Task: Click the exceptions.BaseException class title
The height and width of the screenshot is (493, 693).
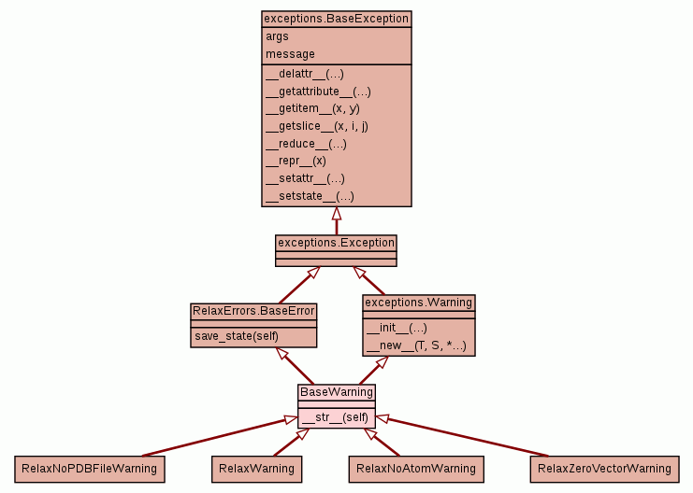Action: pyautogui.click(x=336, y=18)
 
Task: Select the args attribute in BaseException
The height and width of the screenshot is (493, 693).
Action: pyautogui.click(x=278, y=36)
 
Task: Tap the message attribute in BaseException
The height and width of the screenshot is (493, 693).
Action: pyautogui.click(x=291, y=54)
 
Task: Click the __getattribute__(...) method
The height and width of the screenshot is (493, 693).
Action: pyautogui.click(x=318, y=92)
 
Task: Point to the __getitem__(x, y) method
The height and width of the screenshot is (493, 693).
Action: pyautogui.click(x=312, y=108)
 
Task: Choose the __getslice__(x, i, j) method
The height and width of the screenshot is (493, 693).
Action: pyautogui.click(x=317, y=126)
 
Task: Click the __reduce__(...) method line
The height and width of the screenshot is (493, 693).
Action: pyautogui.click(x=307, y=144)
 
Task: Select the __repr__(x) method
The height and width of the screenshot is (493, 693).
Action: pyautogui.click(x=296, y=161)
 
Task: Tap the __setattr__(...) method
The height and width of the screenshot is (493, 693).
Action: pyautogui.click(x=305, y=178)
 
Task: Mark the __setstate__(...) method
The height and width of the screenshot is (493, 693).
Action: pyautogui.click(x=310, y=196)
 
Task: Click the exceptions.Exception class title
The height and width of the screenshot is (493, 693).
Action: pyautogui.click(x=336, y=242)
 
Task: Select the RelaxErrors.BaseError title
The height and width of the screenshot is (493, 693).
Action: pyautogui.click(x=253, y=310)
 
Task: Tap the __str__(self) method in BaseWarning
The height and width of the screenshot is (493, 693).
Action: pyautogui.click(x=336, y=417)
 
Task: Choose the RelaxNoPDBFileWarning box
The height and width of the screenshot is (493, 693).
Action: pyautogui.click(x=89, y=468)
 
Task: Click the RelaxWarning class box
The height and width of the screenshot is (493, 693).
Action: pyautogui.click(x=256, y=468)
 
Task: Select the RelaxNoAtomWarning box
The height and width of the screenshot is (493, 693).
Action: pyautogui.click(x=415, y=468)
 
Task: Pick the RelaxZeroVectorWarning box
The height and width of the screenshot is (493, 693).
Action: pyautogui.click(x=603, y=468)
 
